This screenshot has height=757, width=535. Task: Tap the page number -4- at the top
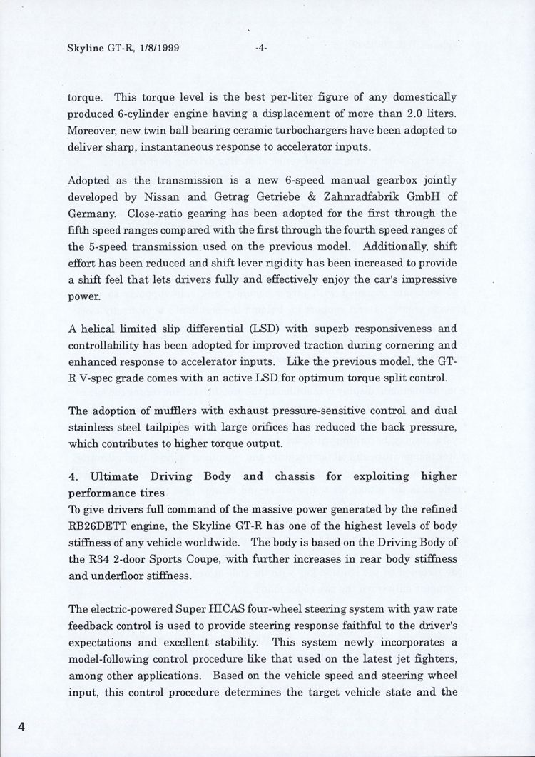click(x=260, y=49)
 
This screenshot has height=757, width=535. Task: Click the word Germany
click(x=91, y=213)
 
